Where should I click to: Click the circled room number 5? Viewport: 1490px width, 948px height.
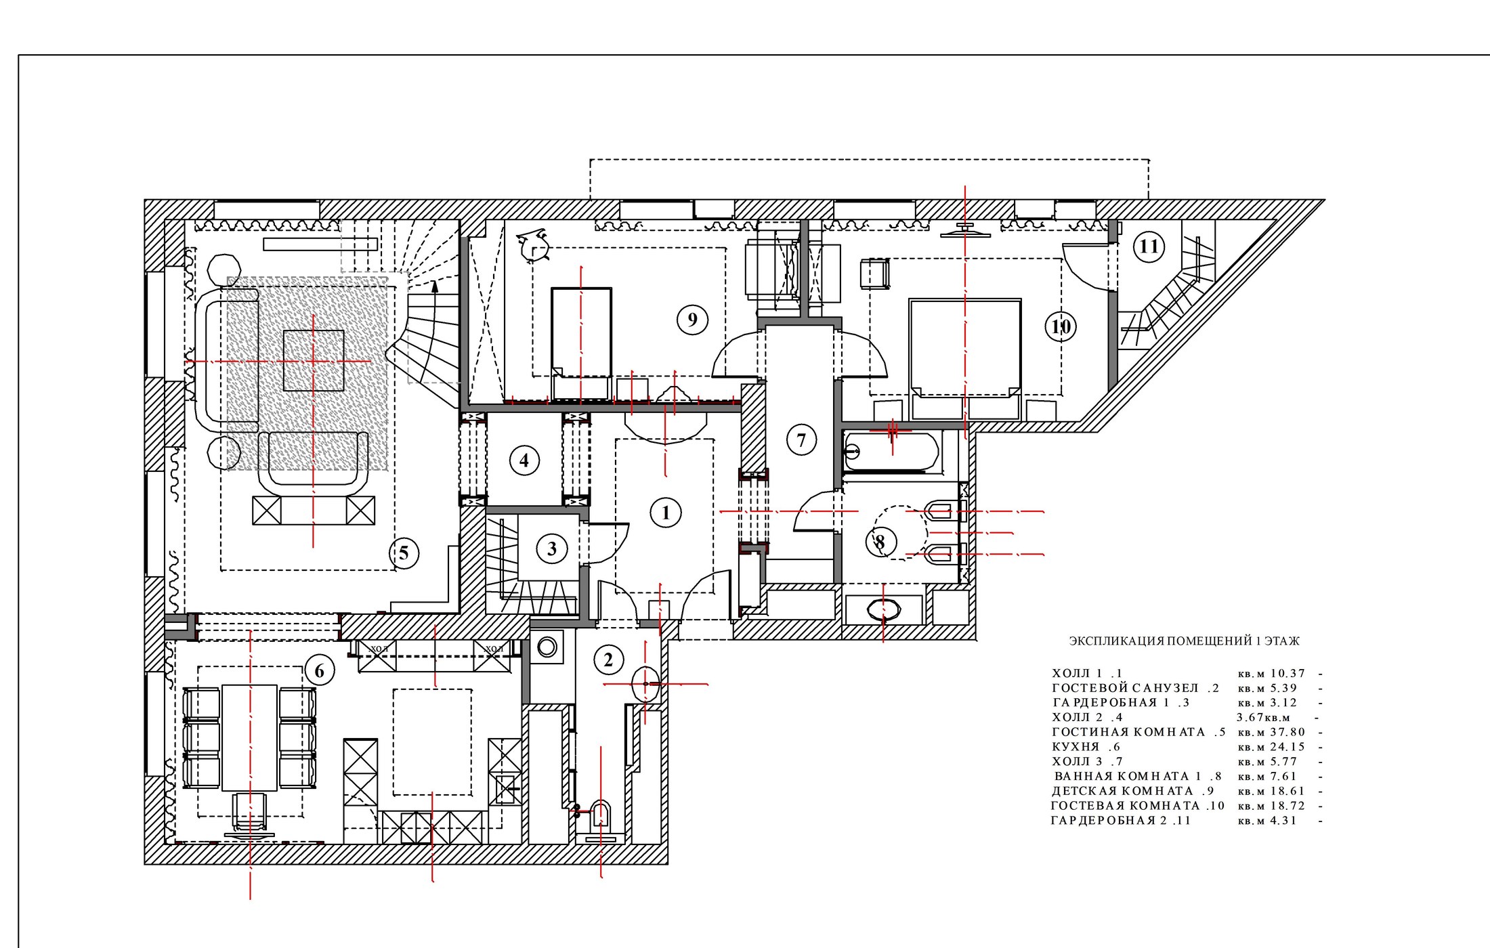point(404,553)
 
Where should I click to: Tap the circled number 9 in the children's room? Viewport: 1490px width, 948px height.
point(692,320)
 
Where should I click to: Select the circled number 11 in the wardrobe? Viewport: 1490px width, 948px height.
point(1149,246)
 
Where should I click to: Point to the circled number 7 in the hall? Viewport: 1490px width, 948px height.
point(801,440)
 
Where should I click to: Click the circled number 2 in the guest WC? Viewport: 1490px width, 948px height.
point(608,660)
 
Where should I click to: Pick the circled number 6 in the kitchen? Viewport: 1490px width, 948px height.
point(319,671)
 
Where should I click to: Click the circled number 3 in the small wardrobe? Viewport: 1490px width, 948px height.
point(551,548)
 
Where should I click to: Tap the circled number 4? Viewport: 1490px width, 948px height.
point(524,460)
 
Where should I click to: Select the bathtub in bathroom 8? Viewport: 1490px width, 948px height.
point(891,450)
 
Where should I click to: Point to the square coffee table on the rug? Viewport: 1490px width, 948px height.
point(314,360)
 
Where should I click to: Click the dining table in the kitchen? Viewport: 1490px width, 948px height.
point(250,737)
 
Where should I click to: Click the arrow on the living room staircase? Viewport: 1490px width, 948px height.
point(435,295)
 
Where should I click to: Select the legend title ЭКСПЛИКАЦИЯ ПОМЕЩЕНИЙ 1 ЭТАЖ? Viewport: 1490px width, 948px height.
point(1184,641)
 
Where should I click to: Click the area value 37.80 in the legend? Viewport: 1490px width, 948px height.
point(1287,732)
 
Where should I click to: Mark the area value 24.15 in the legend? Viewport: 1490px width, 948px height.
point(1287,747)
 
